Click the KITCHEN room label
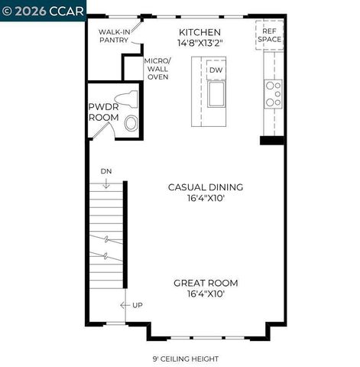click(200, 32)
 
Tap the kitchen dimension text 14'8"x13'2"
click(200, 44)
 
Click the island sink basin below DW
click(216, 94)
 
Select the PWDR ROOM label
click(103, 112)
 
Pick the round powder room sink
click(131, 123)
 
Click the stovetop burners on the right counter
click(273, 93)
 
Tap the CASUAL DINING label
click(206, 187)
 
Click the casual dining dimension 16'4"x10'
click(206, 199)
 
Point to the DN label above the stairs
click(105, 172)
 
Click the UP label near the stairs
click(138, 306)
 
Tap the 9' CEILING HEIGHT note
click(185, 359)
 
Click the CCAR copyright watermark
click(43, 10)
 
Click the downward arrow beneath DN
click(105, 183)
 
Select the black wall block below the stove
click(272, 140)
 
